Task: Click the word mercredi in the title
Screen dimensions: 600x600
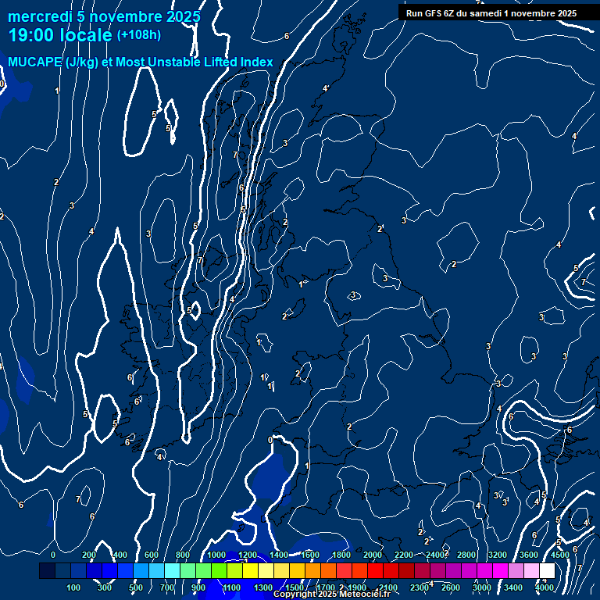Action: point(39,16)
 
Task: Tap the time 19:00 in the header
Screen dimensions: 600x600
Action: point(32,35)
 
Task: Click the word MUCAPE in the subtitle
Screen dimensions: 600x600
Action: point(34,62)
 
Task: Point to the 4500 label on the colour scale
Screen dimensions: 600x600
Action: point(559,555)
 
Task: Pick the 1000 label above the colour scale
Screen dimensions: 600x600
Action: point(216,555)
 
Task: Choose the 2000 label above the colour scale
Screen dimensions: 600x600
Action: point(373,555)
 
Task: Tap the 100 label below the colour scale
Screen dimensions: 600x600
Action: point(74,587)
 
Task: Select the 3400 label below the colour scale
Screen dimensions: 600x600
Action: point(513,587)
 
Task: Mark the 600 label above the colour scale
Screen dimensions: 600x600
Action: point(152,555)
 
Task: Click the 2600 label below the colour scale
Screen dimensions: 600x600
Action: point(451,587)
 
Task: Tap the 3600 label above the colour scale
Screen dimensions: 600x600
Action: point(529,555)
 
